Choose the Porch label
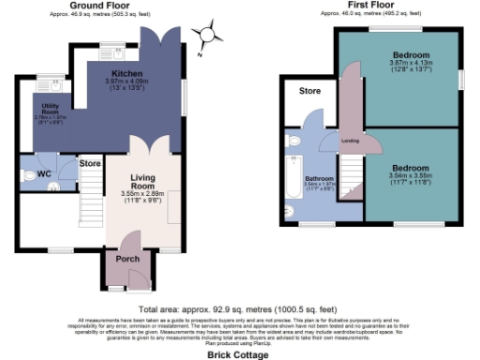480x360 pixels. click(127, 260)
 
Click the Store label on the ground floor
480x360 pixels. click(90, 164)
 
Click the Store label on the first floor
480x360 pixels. click(309, 92)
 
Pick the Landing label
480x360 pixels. click(352, 142)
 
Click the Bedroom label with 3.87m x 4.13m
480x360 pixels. click(412, 55)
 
